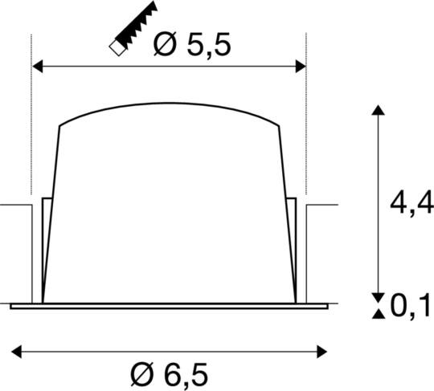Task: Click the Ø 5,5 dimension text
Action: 192,46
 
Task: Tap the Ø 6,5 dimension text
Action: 170,374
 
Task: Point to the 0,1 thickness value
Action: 410,304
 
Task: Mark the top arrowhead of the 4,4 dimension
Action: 375,110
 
